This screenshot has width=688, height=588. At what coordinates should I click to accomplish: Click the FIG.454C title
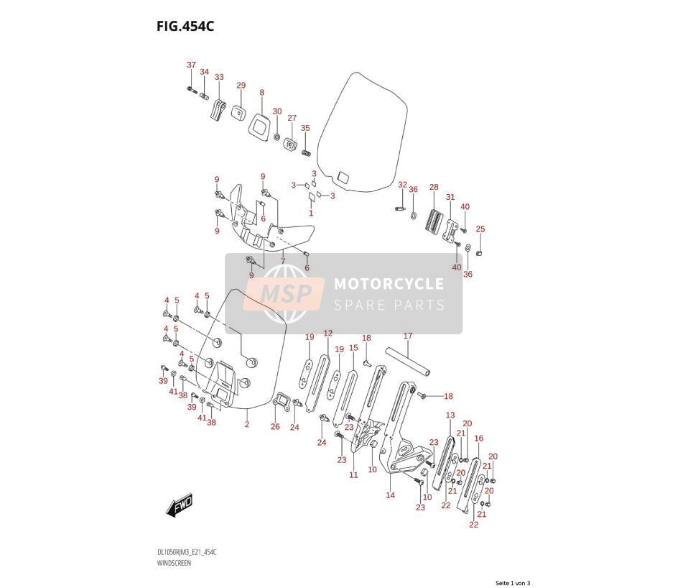point(185,27)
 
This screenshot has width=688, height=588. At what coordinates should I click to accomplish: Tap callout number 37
point(191,65)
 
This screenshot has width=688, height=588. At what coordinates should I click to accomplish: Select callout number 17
point(408,336)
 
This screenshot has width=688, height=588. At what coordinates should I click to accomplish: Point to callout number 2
point(247,424)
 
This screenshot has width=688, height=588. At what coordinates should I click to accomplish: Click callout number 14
point(390,495)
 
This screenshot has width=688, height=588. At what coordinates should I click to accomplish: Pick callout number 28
point(434,187)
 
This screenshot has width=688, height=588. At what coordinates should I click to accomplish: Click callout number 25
point(480,229)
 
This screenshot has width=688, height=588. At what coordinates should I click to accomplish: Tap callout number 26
point(275,426)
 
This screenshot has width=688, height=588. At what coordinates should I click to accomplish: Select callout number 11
point(353,474)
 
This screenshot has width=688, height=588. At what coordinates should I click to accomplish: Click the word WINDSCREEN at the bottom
point(174,563)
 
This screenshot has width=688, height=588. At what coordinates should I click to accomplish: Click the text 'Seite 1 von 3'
point(513,583)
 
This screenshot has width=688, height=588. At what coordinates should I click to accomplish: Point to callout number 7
point(283,261)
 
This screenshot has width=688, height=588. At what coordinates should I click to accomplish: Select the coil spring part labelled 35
point(306,152)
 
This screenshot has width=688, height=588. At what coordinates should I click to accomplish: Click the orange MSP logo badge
point(284,294)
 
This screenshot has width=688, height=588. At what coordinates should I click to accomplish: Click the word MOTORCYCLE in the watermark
point(389,284)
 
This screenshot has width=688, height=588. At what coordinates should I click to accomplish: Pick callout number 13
point(450,415)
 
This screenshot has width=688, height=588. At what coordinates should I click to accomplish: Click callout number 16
point(479,438)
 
